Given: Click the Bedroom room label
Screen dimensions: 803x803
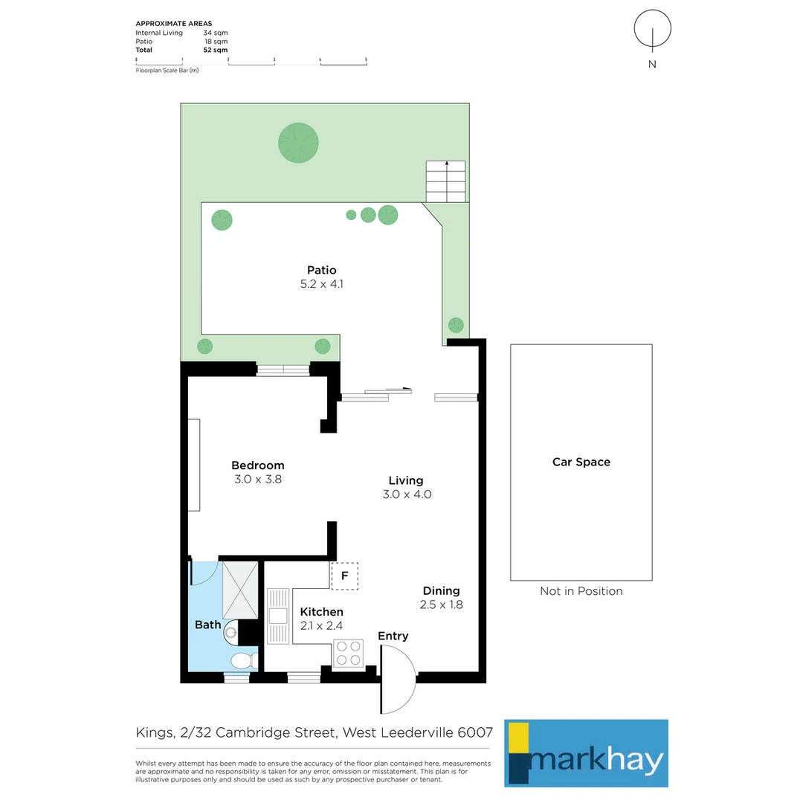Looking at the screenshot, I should point(257,465).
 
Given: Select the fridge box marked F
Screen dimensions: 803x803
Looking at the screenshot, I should point(344,575).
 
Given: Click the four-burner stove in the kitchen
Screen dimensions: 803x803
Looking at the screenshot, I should point(347,653).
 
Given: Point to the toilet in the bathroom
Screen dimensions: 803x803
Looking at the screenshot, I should point(242,660).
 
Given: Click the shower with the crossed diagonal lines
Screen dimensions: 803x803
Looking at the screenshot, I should point(239,590).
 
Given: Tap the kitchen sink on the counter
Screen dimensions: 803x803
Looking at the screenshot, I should point(278,616).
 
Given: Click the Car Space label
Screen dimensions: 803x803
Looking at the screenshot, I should point(581,462).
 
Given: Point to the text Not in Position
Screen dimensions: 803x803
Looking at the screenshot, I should point(581,591).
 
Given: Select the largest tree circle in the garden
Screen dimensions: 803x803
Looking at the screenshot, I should point(299,141).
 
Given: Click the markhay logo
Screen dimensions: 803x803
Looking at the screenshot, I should point(586,752).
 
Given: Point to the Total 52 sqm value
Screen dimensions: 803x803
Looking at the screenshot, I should point(216,50).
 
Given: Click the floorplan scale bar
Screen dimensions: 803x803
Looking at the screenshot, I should point(251,62).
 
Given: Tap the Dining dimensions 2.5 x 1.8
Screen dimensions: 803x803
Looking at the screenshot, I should point(441,605).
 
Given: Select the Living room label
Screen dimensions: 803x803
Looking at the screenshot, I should point(406,480).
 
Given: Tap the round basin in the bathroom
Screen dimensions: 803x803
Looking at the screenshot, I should point(232,633).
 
